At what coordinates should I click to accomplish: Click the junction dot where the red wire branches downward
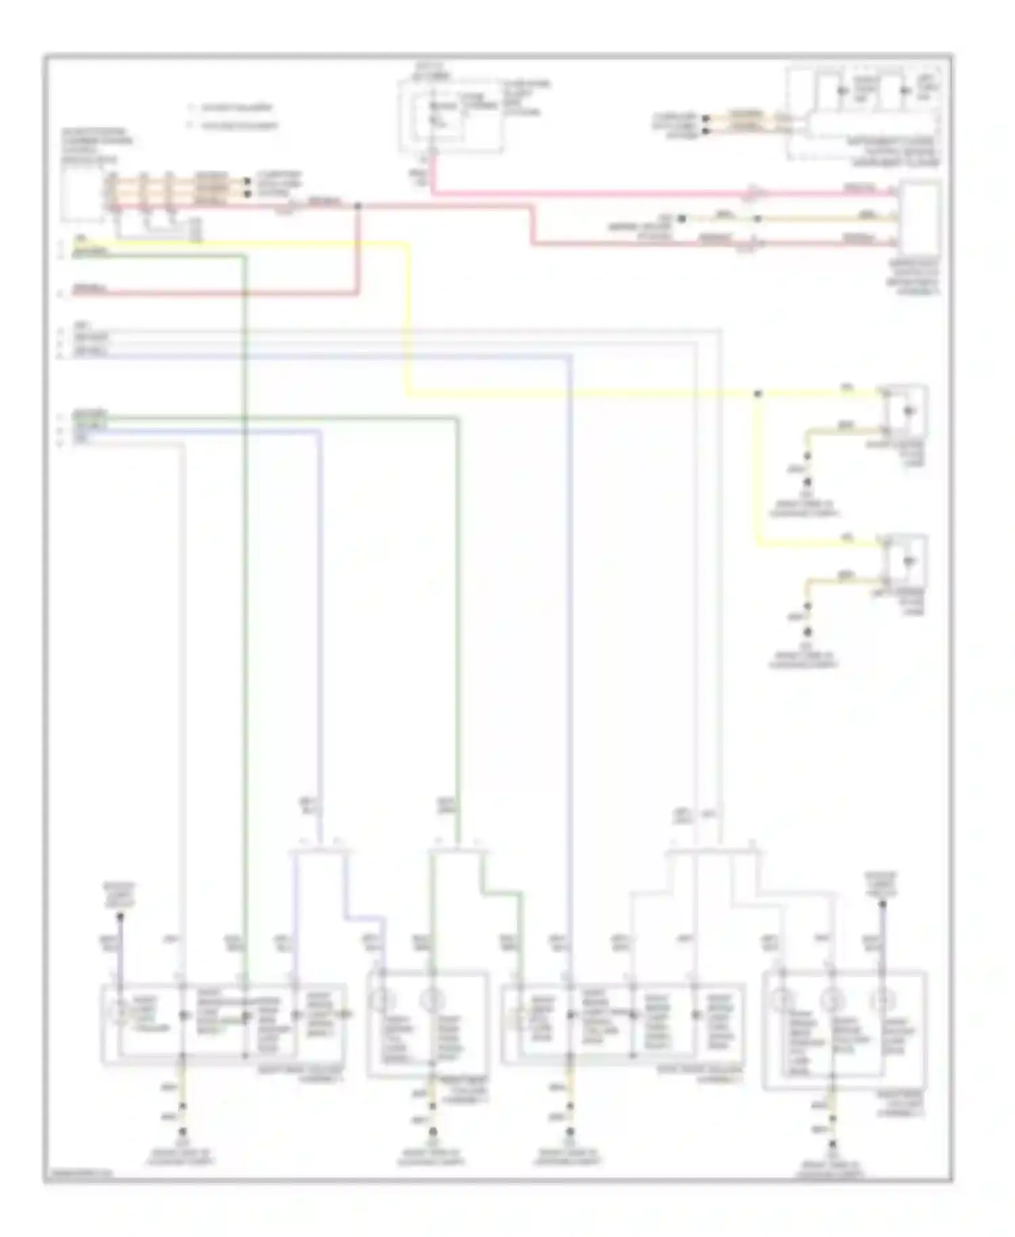click(x=358, y=205)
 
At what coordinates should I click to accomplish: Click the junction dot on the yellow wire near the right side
click(x=757, y=393)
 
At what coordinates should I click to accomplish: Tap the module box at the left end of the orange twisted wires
click(x=82, y=193)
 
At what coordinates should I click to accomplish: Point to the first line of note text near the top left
click(x=233, y=108)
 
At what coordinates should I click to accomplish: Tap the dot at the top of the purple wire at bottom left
click(x=120, y=918)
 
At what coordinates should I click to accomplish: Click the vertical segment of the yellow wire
click(x=408, y=318)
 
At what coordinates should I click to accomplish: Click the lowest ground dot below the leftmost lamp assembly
click(x=181, y=1131)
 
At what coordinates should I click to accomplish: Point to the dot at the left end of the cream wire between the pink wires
click(x=682, y=219)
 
